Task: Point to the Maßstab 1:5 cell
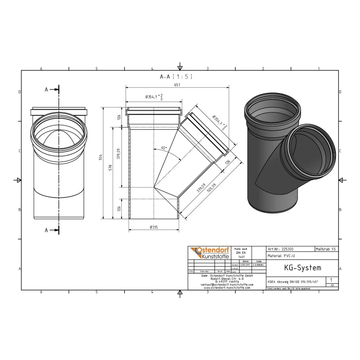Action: click(326, 249)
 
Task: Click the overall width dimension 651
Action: click(177, 85)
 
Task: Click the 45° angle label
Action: click(164, 148)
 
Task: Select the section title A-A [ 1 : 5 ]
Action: click(176, 76)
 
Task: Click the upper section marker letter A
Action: click(46, 90)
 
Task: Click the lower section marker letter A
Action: click(46, 230)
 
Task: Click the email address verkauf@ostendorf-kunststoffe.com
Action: click(227, 284)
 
